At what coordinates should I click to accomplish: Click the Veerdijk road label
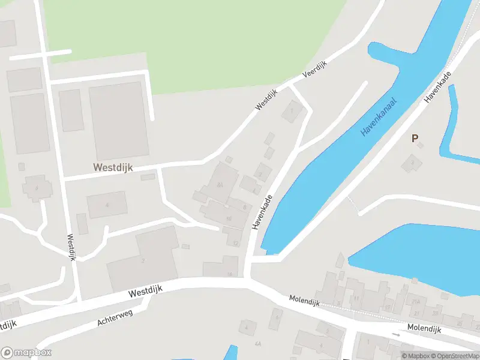pyautogui.click(x=314, y=70)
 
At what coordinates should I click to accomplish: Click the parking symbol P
pyautogui.click(x=414, y=139)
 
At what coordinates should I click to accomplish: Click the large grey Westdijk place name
pyautogui.click(x=112, y=169)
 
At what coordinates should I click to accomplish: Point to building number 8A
pyautogui.click(x=220, y=185)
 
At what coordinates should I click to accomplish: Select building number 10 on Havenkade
pyautogui.click(x=229, y=218)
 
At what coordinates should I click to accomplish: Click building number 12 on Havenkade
pyautogui.click(x=236, y=243)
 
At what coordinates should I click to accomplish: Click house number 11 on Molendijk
pyautogui.click(x=356, y=298)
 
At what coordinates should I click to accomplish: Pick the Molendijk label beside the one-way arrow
pyautogui.click(x=424, y=329)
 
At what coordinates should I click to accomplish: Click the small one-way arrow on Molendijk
pyautogui.click(x=395, y=334)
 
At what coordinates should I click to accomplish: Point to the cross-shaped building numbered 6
pyautogui.click(x=37, y=188)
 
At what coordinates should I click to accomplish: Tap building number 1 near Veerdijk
pyautogui.click(x=292, y=111)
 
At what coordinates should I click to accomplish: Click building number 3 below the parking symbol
pyautogui.click(x=412, y=162)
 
